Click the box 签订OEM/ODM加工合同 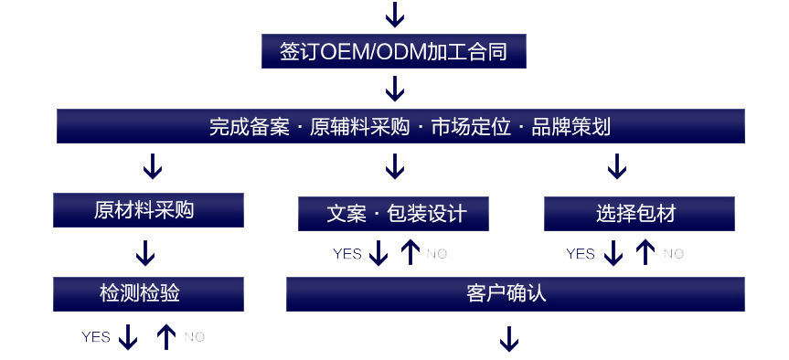(x=394, y=51)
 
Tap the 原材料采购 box (x=148, y=210)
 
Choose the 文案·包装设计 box (x=393, y=214)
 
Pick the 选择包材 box (x=638, y=214)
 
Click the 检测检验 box (x=148, y=293)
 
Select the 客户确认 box (x=515, y=293)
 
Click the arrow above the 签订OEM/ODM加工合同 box (x=394, y=14)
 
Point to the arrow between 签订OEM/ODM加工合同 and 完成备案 (x=394, y=89)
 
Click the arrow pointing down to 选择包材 (x=617, y=166)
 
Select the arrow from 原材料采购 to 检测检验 (x=144, y=252)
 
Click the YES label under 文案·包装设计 (x=347, y=254)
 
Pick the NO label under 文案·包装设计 (x=436, y=254)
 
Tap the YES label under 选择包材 (x=581, y=254)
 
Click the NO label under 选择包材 (x=673, y=254)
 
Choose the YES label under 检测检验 (x=96, y=337)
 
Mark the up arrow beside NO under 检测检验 (x=165, y=337)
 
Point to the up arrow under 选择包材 (x=645, y=252)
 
